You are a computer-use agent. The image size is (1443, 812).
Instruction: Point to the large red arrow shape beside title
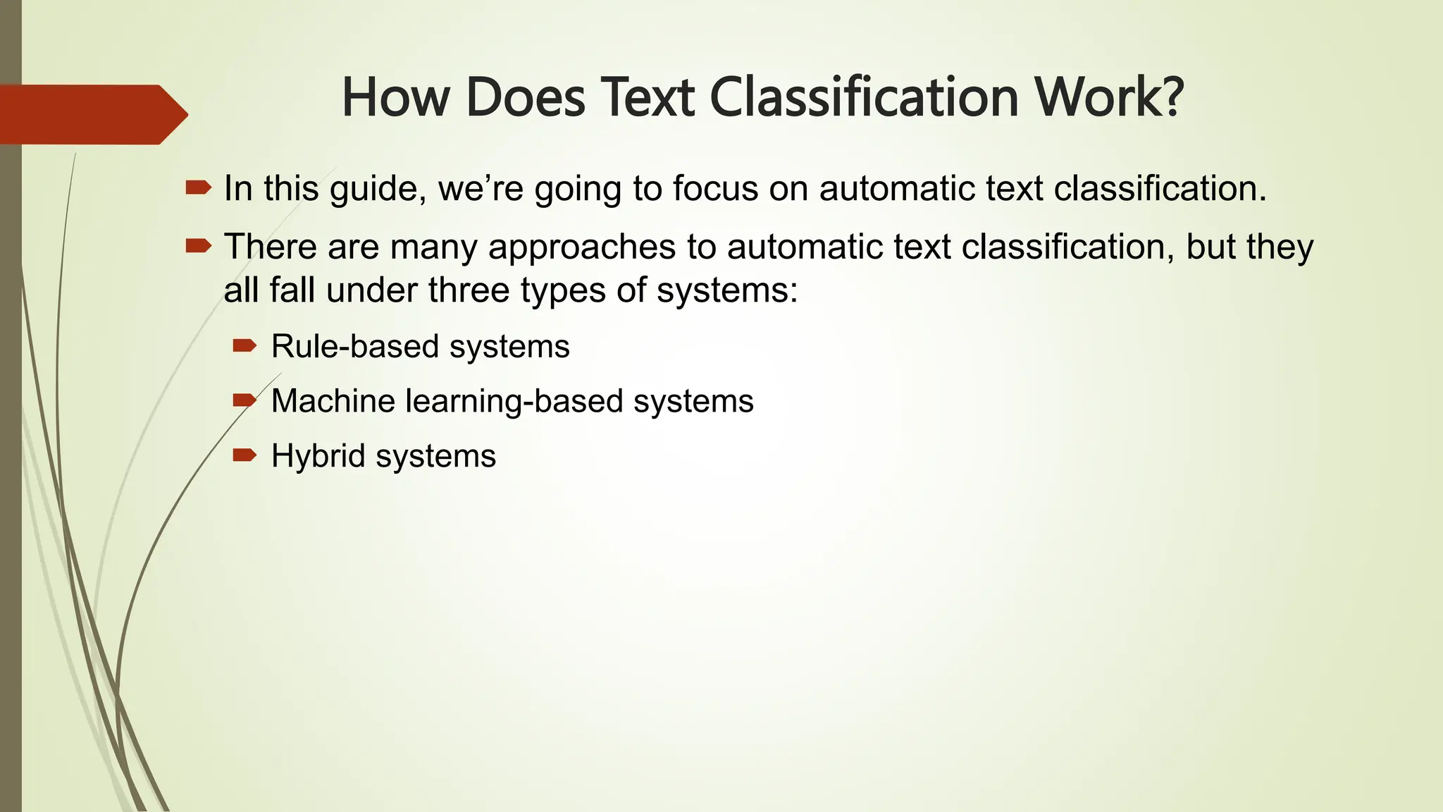tap(92, 114)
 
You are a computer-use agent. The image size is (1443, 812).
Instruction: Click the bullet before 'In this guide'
tap(198, 187)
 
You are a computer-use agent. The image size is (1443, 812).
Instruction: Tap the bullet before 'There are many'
tap(198, 246)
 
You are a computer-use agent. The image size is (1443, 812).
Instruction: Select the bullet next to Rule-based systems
tap(244, 345)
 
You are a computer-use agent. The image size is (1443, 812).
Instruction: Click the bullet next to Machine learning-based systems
tap(244, 400)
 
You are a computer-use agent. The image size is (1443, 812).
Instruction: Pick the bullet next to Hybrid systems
tap(244, 455)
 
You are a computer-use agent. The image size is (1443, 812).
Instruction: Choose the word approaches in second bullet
tap(581, 247)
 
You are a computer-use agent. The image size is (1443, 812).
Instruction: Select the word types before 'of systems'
tap(564, 290)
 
